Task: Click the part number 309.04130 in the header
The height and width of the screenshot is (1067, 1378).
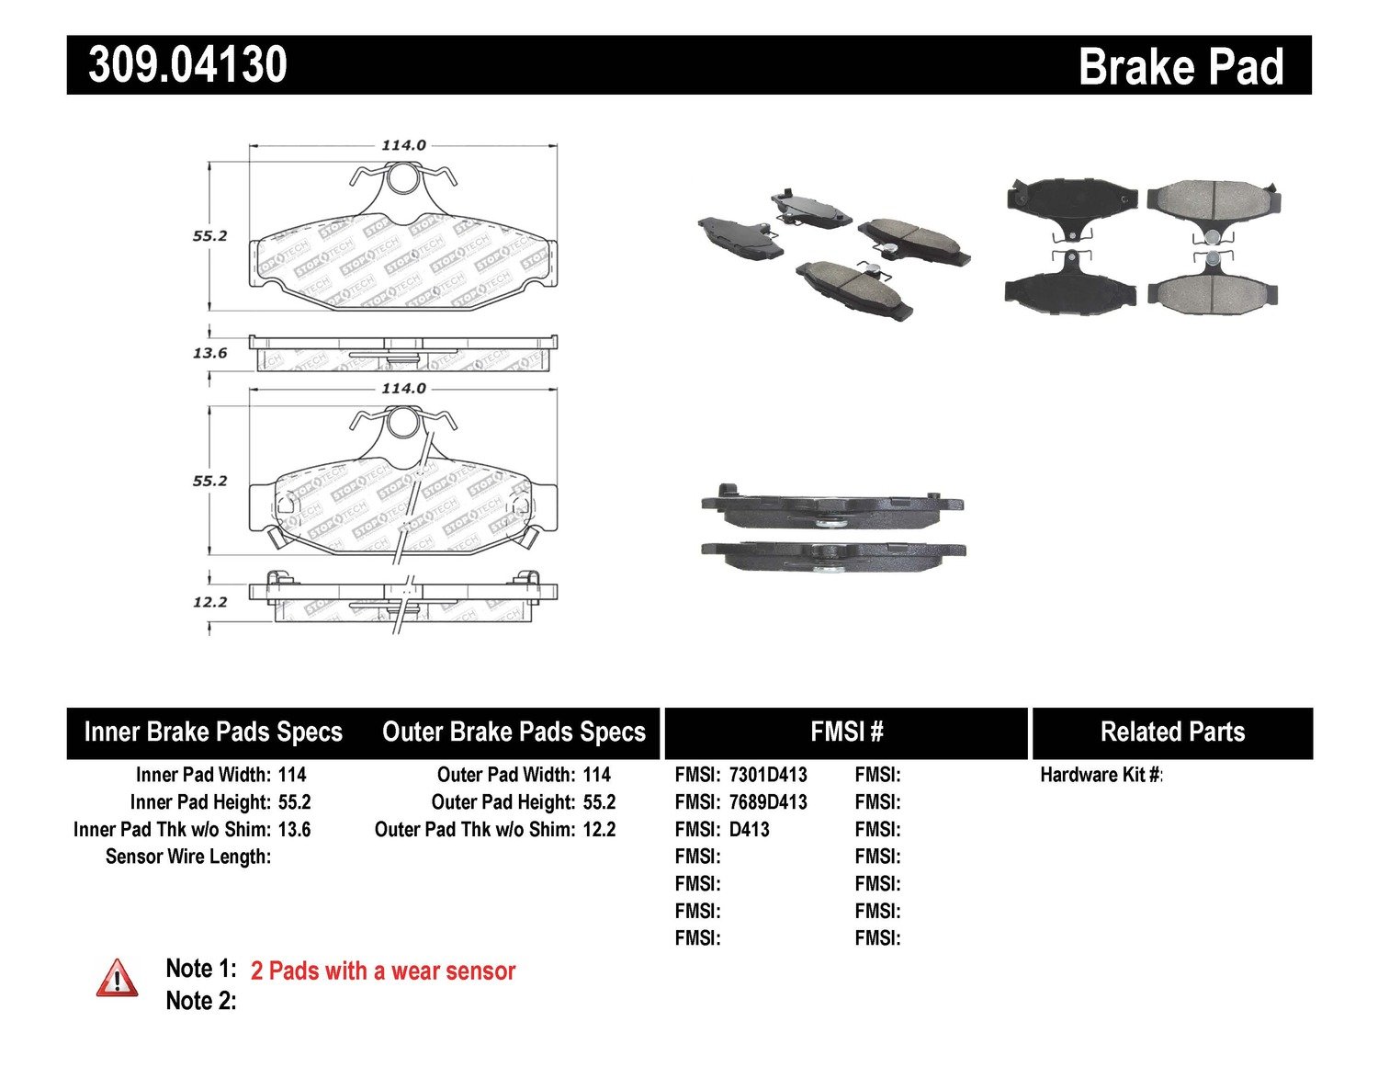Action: pos(188,65)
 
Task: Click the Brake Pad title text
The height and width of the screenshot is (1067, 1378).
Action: pos(1180,67)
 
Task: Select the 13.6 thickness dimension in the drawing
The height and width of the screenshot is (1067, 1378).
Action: pos(209,353)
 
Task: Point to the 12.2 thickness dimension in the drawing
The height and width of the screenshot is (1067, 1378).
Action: pos(209,602)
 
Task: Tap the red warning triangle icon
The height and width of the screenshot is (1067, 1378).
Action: pos(118,978)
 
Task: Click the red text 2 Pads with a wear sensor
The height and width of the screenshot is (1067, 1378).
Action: pos(382,971)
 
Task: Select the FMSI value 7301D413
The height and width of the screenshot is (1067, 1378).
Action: pos(768,775)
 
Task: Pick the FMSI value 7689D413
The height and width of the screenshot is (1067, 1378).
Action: pos(768,802)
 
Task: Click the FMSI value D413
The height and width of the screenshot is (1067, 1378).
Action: pos(749,829)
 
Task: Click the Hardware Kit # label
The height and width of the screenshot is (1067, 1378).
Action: pos(1101,775)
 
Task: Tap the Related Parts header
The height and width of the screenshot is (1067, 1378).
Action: pos(1172,732)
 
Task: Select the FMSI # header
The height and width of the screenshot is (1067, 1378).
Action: pos(846,732)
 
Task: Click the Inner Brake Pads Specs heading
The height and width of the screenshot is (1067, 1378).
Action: pos(213,732)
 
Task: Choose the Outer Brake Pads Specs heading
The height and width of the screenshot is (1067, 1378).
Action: pos(514,732)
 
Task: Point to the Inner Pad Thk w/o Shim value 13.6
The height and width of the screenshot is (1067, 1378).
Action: pos(294,829)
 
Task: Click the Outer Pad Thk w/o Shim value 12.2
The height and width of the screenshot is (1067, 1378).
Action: pos(599,829)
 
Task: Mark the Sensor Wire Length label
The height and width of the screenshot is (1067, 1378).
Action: pos(188,857)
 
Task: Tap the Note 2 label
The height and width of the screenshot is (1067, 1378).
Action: pos(200,1000)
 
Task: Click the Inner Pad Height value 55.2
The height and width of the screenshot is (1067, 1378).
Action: pos(294,802)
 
